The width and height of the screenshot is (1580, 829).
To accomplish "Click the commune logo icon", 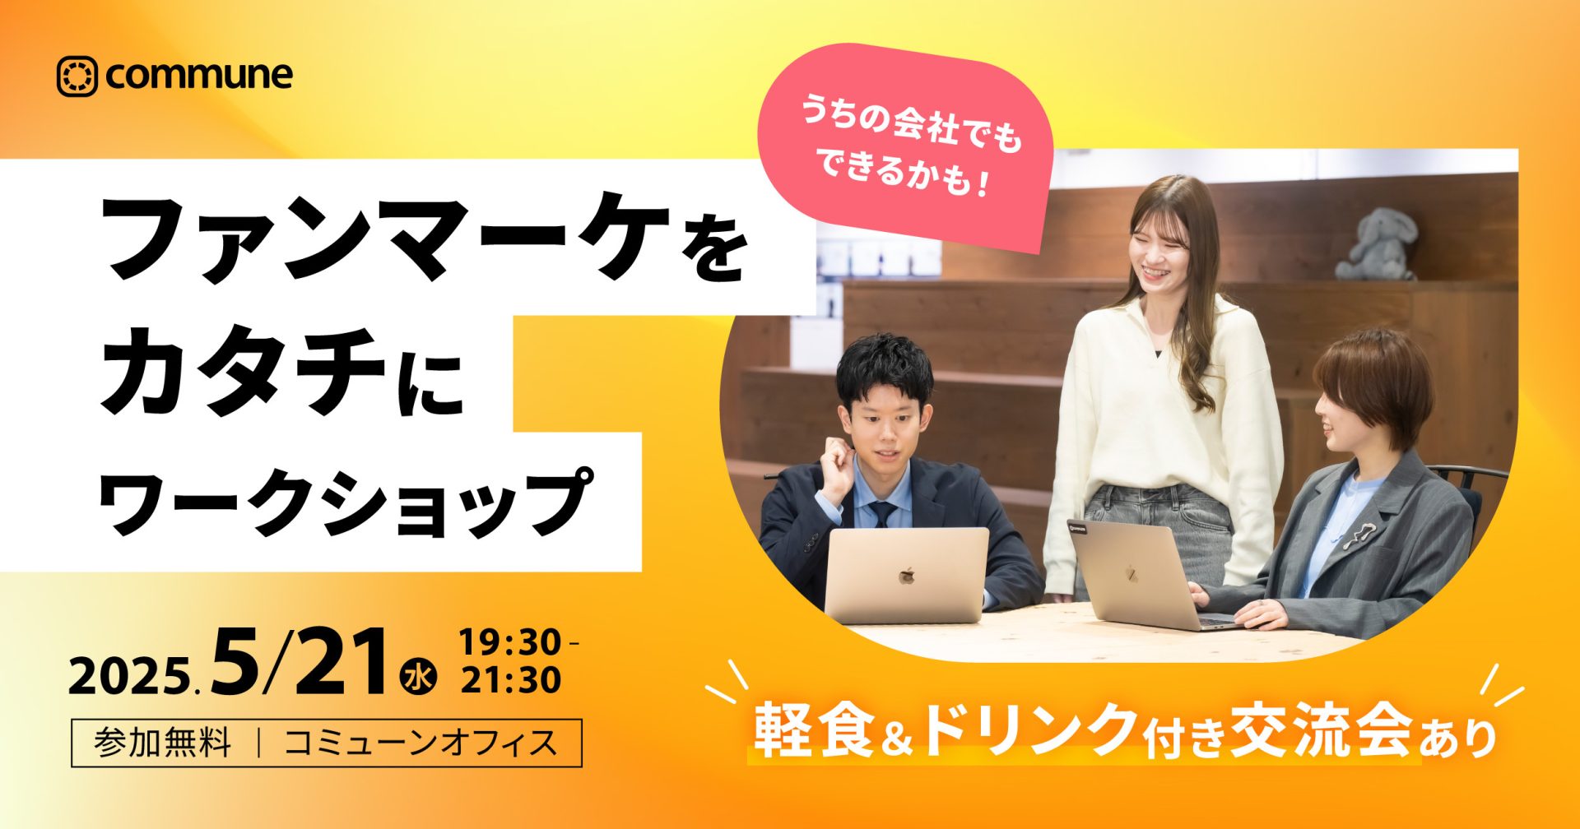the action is coord(77,76).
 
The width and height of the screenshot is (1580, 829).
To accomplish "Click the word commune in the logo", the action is coord(199,76).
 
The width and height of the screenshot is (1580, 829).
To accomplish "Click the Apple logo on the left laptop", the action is coord(906,575).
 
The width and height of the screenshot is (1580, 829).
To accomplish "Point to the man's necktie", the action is coord(882,514).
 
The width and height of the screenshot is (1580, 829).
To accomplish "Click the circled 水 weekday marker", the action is coord(419,678).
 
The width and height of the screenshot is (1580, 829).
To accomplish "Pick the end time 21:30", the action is coord(510,680).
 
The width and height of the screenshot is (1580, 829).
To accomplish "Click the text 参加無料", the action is coord(163,743).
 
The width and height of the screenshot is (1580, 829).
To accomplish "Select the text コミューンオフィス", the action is coord(421,743).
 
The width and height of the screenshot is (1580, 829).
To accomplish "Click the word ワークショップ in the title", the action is coord(346,503).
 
